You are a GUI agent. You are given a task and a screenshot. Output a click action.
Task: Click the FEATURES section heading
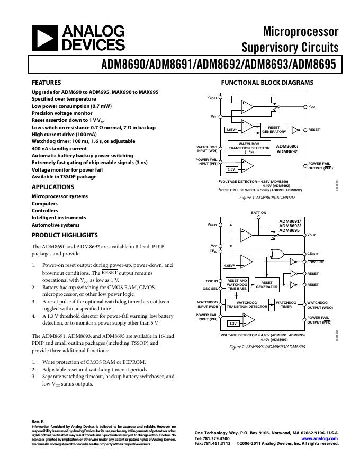click(47, 83)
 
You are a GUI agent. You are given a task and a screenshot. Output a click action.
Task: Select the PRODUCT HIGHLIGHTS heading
click(65, 235)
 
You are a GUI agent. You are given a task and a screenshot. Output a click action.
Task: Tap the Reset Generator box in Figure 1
click(274, 129)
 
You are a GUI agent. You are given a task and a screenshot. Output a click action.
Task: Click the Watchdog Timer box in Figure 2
click(286, 304)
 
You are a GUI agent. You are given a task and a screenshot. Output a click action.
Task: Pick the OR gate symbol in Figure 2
click(276, 253)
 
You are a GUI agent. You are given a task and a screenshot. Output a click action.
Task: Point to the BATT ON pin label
click(258, 212)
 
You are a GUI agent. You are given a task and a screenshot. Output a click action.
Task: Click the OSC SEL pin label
click(210, 289)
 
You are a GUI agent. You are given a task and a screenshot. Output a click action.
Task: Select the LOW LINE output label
click(316, 262)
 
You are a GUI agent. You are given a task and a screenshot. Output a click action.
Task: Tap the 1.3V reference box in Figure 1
click(231, 169)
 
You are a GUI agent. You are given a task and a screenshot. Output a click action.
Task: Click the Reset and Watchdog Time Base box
click(237, 284)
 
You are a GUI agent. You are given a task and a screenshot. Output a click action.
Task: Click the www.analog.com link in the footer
click(320, 439)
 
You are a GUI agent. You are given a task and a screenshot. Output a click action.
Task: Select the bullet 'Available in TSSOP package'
click(64, 177)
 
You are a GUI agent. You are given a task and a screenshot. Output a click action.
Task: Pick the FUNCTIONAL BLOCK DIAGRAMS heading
click(267, 83)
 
